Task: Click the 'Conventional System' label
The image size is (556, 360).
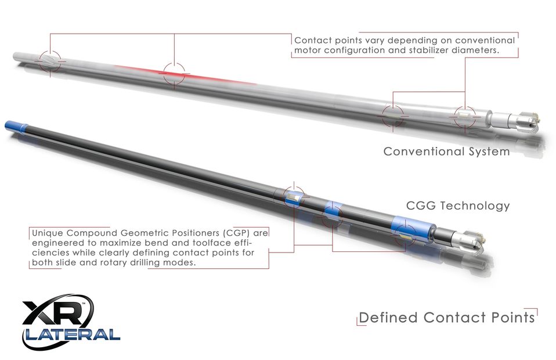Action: coord(446,152)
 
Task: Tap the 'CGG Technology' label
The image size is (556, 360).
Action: coord(458,206)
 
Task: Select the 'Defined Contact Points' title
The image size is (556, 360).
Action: coord(446,318)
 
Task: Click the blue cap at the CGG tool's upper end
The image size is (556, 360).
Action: coord(16,127)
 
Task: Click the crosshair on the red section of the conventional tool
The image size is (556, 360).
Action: coord(174,74)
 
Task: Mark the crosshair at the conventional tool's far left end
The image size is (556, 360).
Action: coord(50,62)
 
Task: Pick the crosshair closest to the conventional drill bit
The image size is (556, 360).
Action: coord(465,116)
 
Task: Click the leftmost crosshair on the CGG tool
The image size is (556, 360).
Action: coord(294,196)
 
